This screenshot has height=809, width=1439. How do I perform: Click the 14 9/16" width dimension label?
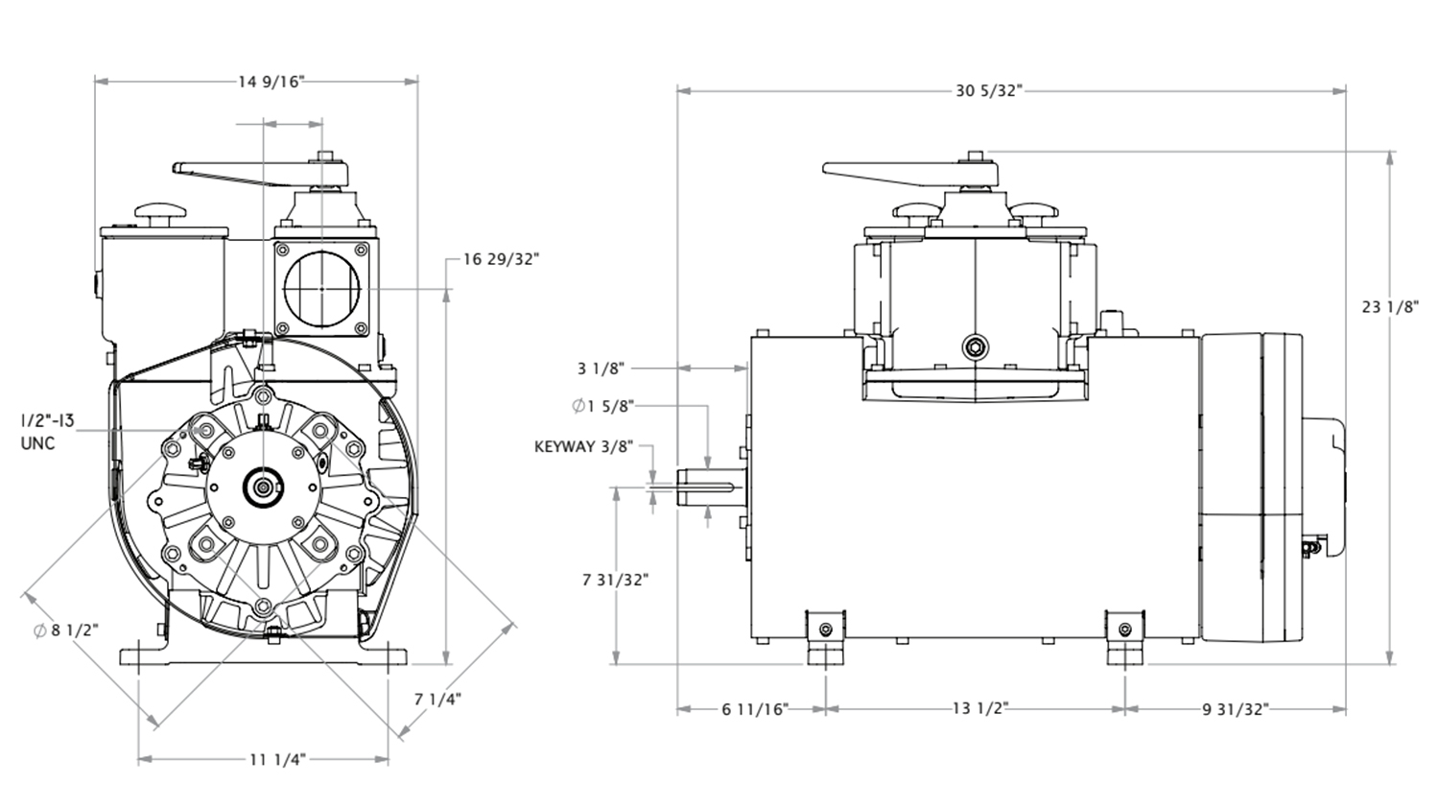pos(271,82)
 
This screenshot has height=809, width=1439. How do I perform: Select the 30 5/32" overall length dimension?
pos(989,91)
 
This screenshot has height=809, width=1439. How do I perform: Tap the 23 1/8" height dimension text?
pos(1389,307)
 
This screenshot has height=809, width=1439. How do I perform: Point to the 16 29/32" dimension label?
pos(501,259)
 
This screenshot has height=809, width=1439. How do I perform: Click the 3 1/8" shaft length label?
pos(602,368)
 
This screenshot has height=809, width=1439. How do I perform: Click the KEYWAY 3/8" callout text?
pos(583,446)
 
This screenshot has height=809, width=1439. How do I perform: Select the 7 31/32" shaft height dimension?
pos(615,580)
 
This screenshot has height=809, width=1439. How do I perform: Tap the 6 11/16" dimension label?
pos(754,709)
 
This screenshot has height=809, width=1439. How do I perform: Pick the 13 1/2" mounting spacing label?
pos(979,709)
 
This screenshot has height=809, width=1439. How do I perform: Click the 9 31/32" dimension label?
pos(1236,709)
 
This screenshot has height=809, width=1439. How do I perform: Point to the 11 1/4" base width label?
pos(276,760)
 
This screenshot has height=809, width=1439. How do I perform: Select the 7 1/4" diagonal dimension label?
pos(438,699)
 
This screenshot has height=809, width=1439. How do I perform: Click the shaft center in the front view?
pos(261,488)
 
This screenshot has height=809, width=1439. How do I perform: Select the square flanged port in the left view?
pos(321,288)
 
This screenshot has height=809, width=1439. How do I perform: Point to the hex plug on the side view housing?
pos(976,346)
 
